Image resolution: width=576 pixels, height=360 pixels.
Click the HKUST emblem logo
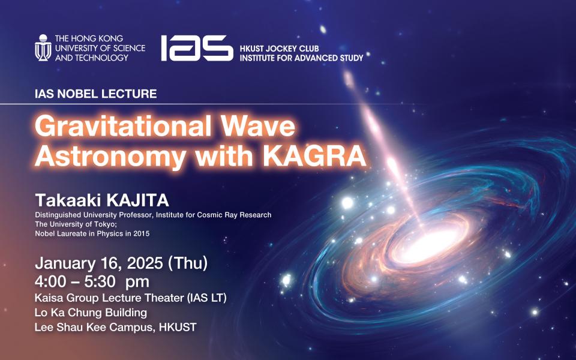[x=43, y=48]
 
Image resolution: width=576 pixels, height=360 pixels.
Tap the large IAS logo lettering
[x=197, y=48]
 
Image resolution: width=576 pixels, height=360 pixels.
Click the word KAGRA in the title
[x=315, y=156]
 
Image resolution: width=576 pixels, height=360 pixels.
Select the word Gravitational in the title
[x=123, y=126]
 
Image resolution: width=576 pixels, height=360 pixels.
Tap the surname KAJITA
[x=137, y=200]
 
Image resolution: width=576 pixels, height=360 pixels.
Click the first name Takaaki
[x=68, y=200]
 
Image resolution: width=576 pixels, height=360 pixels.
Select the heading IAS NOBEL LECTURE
[x=96, y=94]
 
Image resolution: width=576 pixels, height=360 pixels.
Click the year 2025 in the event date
[x=145, y=263]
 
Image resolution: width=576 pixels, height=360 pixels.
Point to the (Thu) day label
[x=187, y=263]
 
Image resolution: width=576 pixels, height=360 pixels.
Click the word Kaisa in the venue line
[x=48, y=298]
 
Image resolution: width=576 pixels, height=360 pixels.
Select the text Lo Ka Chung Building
[x=91, y=313]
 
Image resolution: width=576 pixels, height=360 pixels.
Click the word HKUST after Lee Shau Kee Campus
[x=178, y=327]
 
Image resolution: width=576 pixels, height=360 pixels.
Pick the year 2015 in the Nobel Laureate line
[x=142, y=233]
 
